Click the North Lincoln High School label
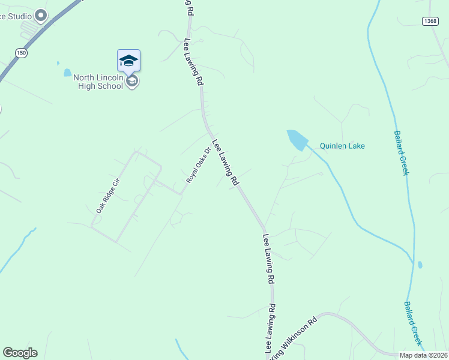click(98, 82)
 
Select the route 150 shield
click(22, 53)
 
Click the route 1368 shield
click(430, 21)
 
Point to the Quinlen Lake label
click(342, 146)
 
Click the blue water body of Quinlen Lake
click(297, 140)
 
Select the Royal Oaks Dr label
click(198, 166)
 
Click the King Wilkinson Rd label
click(294, 339)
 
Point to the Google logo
click(20, 353)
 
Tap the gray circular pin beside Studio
click(41, 16)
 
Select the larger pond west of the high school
click(67, 73)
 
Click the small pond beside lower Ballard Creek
click(420, 265)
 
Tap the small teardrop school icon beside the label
click(133, 81)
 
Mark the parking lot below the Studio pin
click(29, 30)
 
